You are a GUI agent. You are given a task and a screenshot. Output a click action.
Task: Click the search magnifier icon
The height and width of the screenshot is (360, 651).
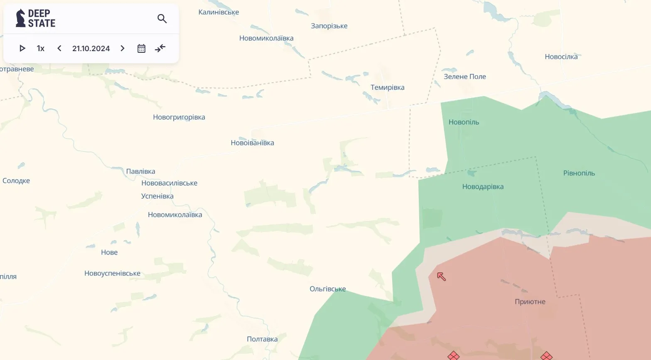162,19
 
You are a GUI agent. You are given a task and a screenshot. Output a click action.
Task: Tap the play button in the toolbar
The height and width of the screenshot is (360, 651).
22,48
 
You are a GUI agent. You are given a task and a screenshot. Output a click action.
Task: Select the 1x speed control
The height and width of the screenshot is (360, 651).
41,48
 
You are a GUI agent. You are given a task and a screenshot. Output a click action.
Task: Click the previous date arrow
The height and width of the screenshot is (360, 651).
59,48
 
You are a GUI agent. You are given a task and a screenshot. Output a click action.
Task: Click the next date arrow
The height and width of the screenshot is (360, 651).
123,48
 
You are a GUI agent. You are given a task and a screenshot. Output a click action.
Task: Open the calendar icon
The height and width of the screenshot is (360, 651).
141,48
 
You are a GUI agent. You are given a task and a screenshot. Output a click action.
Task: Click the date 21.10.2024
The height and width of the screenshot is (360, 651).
91,48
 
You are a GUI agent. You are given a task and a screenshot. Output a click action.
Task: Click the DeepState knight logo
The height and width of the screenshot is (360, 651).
20,18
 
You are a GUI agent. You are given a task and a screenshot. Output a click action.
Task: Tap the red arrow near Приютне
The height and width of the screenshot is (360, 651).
441,276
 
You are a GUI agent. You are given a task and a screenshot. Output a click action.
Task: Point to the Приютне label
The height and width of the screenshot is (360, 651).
530,302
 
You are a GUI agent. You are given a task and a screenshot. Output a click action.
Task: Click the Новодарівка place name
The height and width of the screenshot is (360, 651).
483,187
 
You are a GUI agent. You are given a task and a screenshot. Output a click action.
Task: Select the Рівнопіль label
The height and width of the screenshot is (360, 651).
579,173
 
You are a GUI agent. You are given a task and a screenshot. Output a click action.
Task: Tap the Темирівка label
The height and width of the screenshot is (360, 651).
387,87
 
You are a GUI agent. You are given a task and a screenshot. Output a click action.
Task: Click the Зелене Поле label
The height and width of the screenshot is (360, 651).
464,76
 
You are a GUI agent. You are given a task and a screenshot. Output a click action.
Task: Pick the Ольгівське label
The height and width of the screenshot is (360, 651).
327,289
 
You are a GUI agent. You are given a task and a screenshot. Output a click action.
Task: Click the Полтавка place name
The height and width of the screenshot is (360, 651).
262,339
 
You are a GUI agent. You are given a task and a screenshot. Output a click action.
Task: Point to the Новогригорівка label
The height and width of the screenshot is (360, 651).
179,117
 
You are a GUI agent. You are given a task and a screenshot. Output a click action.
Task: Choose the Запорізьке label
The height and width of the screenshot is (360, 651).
329,26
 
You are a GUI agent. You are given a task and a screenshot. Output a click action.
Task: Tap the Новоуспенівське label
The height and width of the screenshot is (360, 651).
112,274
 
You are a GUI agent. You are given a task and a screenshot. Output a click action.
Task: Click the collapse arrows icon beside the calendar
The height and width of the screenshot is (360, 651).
160,48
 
